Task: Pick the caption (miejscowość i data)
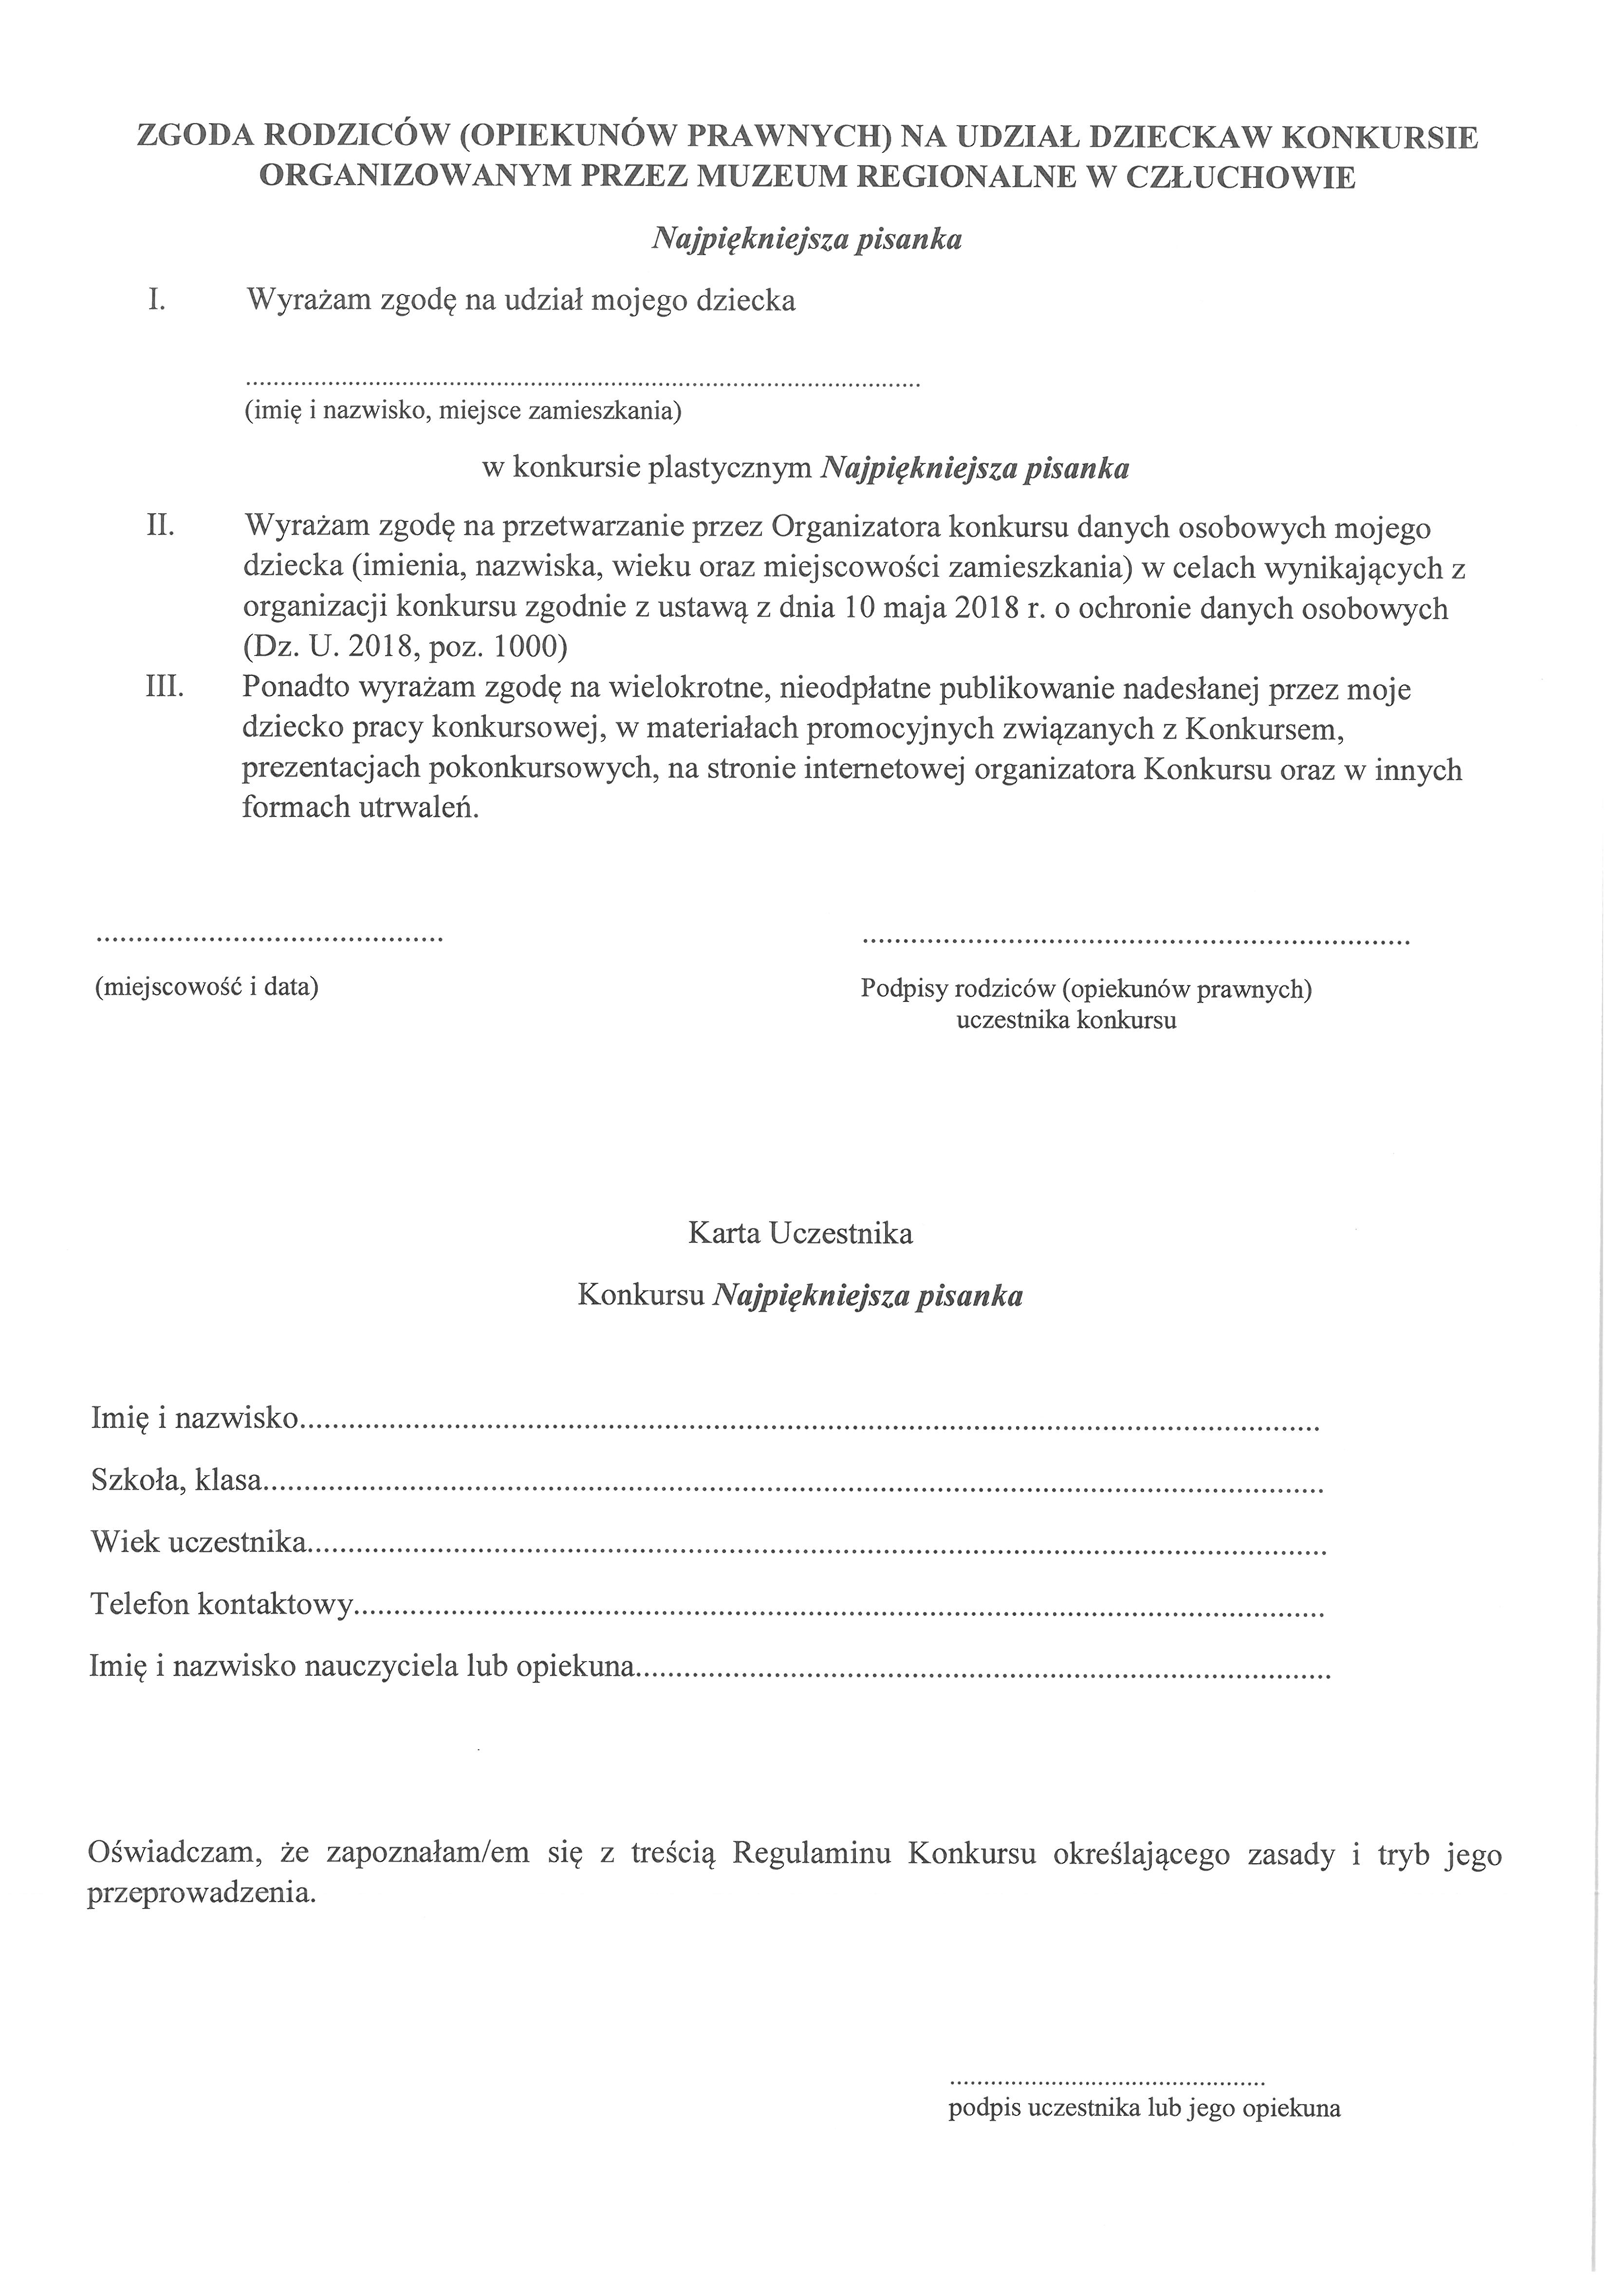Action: click(206, 988)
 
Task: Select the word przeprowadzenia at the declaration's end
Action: click(202, 1894)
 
